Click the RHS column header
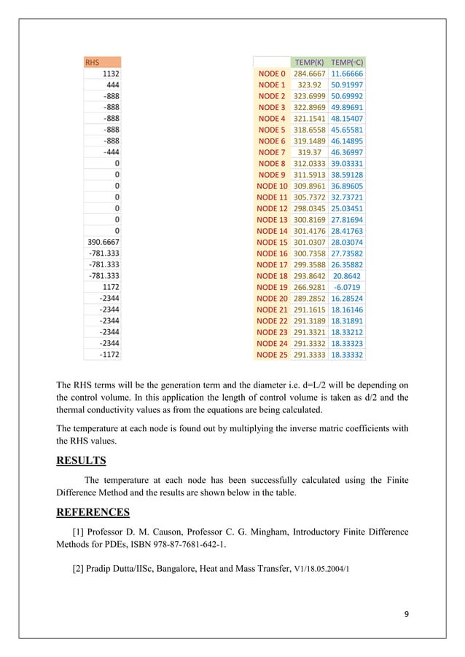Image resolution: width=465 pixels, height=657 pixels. tap(93, 63)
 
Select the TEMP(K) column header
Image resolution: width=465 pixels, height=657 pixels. tap(308, 63)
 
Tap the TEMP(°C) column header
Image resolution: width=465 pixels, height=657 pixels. tap(347, 63)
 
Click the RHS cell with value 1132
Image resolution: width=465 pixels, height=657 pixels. tap(111, 74)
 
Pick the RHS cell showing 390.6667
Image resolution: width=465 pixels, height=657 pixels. tap(103, 242)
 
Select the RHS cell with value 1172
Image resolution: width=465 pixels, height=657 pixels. tap(111, 287)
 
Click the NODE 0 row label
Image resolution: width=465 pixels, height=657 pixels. tap(272, 74)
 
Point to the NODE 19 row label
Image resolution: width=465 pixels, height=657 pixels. tap(272, 287)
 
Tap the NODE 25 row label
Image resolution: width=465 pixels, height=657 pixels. tap(272, 355)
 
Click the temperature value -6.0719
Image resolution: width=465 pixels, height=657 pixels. tap(347, 287)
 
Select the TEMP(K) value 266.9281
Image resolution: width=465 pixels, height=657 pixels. tap(308, 287)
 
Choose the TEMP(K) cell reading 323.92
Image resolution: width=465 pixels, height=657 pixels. tap(308, 85)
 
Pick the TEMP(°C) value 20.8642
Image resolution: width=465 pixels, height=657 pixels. tap(347, 276)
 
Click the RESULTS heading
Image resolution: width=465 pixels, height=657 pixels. tap(81, 460)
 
